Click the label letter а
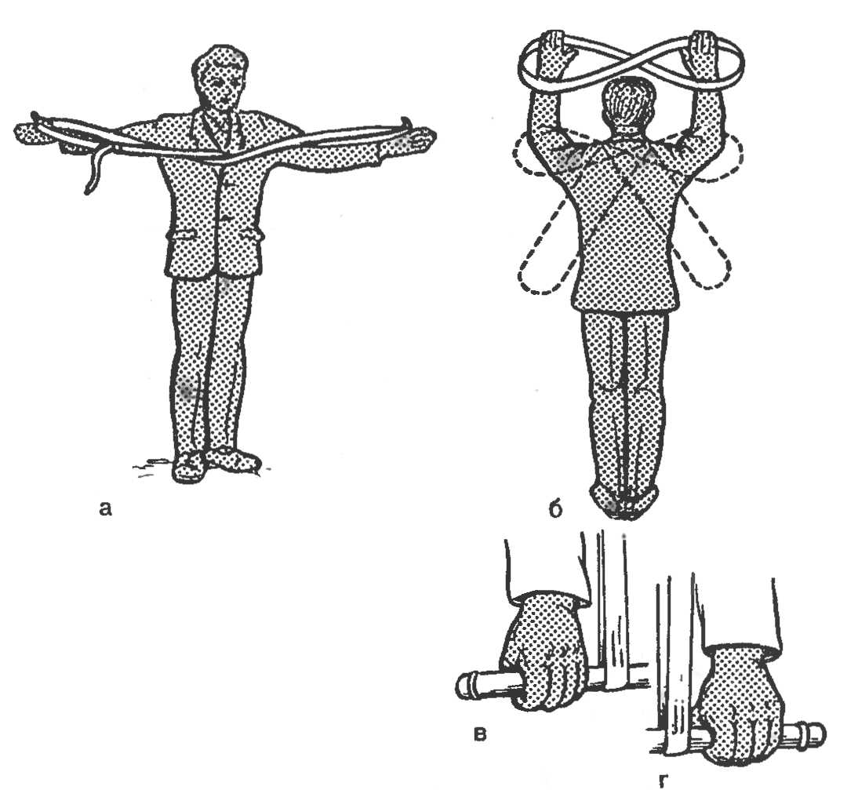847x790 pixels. click(105, 509)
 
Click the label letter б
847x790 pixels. click(555, 508)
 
